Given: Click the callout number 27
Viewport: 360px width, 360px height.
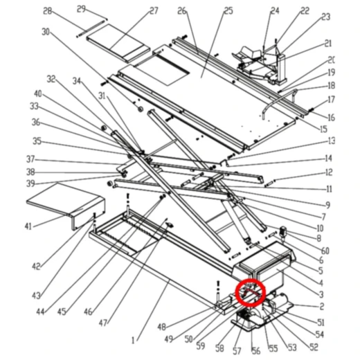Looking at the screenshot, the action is [154, 11].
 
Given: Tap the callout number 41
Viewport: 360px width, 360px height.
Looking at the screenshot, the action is [28, 226].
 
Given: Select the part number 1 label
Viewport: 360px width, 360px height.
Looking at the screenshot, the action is [133, 340].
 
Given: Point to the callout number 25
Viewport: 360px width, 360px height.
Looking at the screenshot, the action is [228, 11].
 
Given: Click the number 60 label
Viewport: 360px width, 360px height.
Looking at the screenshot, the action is [325, 251].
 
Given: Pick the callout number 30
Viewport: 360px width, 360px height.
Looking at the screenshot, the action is [46, 32].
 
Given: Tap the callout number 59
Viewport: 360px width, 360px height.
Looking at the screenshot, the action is [201, 345].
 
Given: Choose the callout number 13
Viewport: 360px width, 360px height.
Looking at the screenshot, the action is [332, 141].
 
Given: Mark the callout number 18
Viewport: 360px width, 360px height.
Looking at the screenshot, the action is [332, 86].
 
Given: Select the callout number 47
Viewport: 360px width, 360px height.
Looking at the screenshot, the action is [103, 323].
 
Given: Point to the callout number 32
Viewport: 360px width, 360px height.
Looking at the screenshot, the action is [51, 79].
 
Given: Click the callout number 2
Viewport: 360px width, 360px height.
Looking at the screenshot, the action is [322, 307].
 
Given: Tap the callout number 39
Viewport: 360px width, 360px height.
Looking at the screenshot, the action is [30, 183].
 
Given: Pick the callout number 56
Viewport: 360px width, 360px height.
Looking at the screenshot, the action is [256, 351].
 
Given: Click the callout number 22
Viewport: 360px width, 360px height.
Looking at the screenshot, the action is [305, 10].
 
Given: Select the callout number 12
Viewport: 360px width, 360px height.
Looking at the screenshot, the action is [329, 172].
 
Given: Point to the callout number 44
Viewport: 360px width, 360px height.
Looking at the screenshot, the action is [40, 312].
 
